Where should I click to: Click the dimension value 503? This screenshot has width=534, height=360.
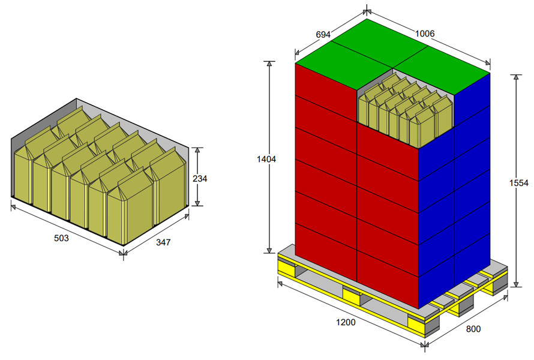[61, 238]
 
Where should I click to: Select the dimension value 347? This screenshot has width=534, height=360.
[163, 242]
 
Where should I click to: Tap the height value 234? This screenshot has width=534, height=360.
[200, 178]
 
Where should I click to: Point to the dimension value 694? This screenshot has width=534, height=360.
[323, 34]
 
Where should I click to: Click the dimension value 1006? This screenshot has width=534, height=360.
[425, 34]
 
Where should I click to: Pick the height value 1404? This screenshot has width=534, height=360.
[266, 159]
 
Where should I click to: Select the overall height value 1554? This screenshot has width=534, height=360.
[518, 183]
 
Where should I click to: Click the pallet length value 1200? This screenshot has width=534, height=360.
[346, 322]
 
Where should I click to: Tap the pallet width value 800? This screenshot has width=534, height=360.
[473, 329]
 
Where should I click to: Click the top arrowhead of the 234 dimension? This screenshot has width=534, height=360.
[197, 151]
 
